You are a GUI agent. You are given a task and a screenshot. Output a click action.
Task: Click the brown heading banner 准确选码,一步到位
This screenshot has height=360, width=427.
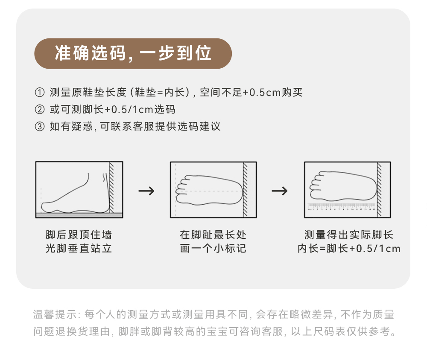pyautogui.click(x=133, y=54)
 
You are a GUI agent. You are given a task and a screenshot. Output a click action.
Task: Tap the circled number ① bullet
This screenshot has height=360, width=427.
pyautogui.click(x=39, y=93)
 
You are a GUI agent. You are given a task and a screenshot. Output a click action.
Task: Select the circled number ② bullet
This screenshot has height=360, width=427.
pyautogui.click(x=39, y=110)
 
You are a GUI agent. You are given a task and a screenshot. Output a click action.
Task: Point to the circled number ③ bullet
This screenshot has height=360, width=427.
pyautogui.click(x=39, y=127)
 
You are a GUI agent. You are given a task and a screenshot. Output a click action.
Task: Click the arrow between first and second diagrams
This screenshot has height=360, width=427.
pyautogui.click(x=146, y=191)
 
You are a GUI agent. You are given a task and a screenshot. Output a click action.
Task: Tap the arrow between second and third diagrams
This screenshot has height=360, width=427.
pyautogui.click(x=280, y=191)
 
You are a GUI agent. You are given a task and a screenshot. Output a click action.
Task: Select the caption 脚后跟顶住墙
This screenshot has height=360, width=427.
pyautogui.click(x=79, y=235)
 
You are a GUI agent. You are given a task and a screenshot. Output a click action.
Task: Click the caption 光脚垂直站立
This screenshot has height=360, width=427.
pyautogui.click(x=79, y=249)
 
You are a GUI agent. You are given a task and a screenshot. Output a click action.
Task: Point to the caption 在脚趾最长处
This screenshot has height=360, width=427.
pyautogui.click(x=213, y=235)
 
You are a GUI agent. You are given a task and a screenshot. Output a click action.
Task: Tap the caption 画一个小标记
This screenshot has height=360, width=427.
pyautogui.click(x=213, y=249)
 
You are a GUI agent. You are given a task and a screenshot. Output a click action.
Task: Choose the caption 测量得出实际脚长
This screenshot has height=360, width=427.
pyautogui.click(x=348, y=235)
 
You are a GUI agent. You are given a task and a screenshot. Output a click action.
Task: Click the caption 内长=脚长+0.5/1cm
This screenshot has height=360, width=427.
pyautogui.click(x=348, y=249)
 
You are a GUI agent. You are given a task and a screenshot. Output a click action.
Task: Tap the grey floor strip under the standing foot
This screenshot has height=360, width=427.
pyautogui.click(x=79, y=215)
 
